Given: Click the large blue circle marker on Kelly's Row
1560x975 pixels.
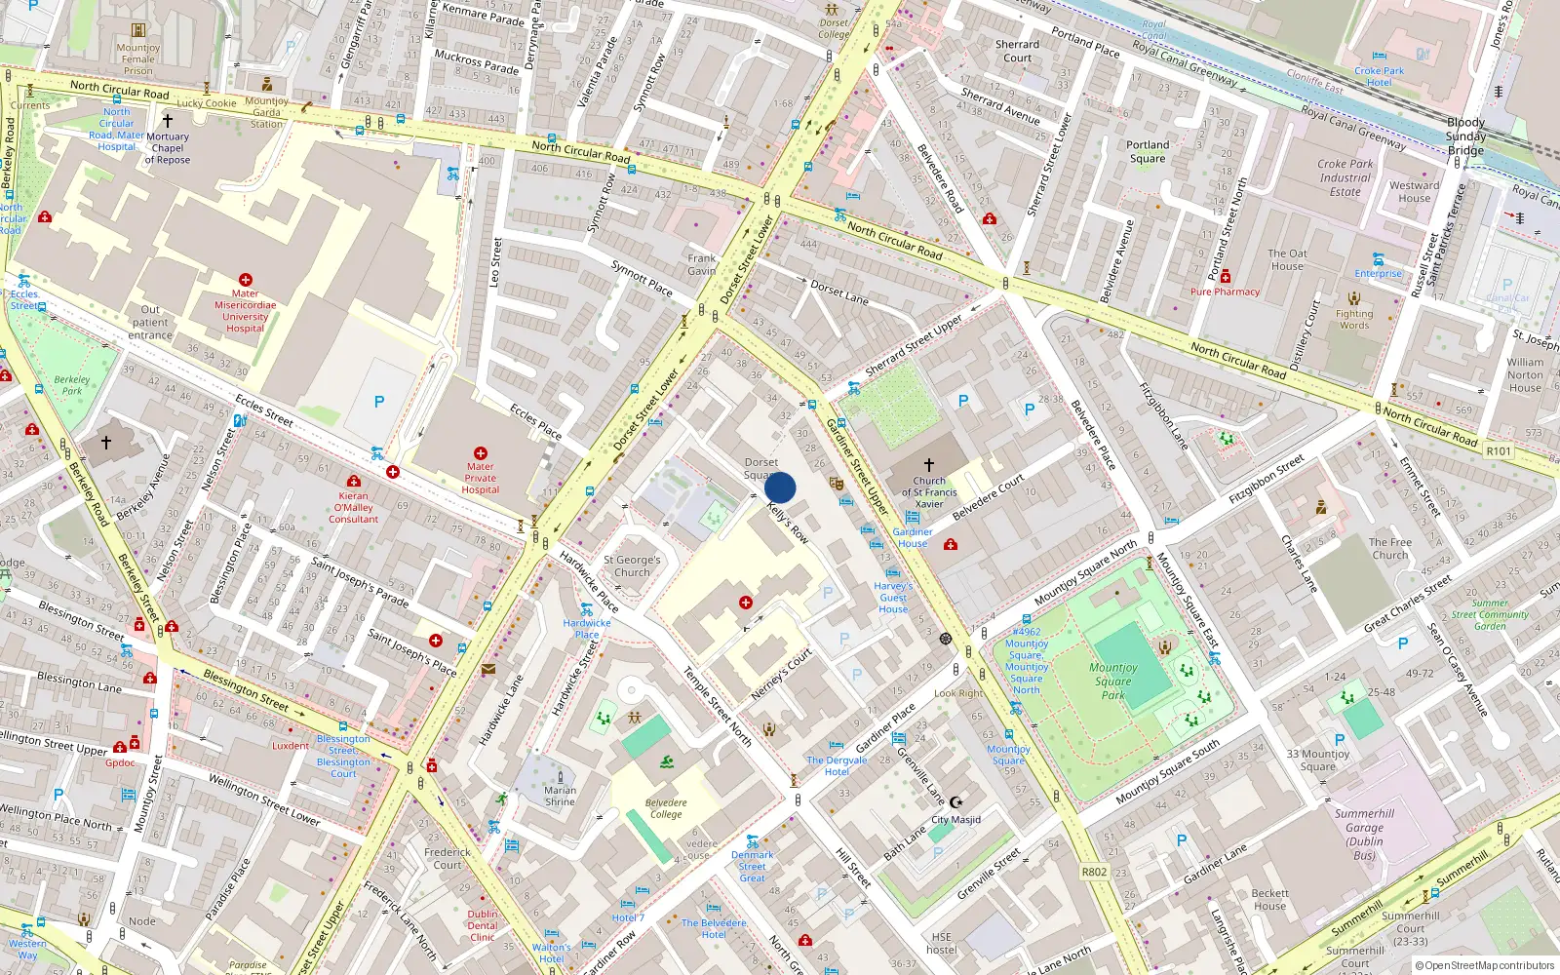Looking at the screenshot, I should pos(780,487).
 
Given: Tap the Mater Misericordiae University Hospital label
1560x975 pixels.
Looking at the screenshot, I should pos(245,311).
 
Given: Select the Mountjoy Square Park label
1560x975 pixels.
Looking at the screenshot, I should pos(1113,682).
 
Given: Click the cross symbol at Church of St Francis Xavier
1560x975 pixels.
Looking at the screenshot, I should pos(929,465).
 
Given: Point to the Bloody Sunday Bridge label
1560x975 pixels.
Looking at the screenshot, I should pos(1465,136).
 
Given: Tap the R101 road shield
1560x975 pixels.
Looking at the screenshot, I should pos(1498,451).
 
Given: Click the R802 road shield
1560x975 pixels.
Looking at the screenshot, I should pos(1094,872).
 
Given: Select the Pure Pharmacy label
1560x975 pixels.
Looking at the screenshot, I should pos(1225,292).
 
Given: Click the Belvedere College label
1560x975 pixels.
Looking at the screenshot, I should pos(666,808).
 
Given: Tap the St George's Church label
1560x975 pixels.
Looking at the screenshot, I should pos(632,566).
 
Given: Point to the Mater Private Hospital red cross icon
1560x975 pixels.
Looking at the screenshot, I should pos(480,453).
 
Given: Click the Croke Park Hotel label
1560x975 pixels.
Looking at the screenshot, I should pos(1379,76).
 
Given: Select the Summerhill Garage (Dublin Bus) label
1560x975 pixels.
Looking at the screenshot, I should pos(1364,835).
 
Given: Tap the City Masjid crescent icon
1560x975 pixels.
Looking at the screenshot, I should pos(955,802).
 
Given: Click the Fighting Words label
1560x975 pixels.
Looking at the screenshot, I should pos(1353,319).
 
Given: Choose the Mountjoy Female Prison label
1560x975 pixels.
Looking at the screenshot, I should pos(137,58).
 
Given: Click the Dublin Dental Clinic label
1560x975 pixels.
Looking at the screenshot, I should pos(483,925).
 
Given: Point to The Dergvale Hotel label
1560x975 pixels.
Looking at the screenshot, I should pos(837,765).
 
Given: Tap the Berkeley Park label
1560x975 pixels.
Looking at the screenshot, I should pos(72,385).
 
